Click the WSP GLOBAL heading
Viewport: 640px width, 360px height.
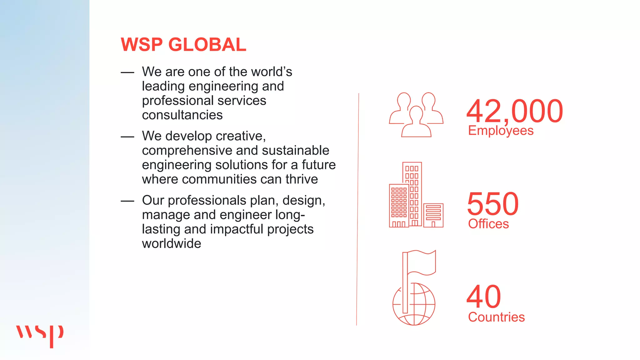tap(183, 45)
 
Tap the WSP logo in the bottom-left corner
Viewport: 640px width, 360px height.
tap(40, 335)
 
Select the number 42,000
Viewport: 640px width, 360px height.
tap(514, 111)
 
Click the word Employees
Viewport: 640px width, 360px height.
tap(501, 131)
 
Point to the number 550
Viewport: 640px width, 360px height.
tap(493, 204)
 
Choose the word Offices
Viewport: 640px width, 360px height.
tap(488, 224)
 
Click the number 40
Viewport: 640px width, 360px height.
tap(484, 297)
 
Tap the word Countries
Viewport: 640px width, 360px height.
tap(496, 317)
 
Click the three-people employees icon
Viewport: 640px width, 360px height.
tap(416, 115)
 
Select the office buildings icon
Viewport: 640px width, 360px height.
tap(416, 195)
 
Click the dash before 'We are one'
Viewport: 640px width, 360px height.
tap(127, 72)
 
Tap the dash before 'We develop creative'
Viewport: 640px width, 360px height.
tap(127, 137)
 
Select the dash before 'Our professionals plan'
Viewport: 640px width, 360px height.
tap(127, 201)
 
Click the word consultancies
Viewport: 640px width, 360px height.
tap(182, 115)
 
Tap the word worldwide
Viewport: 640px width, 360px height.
tap(172, 244)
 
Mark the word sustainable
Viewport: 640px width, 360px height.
tap(295, 151)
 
